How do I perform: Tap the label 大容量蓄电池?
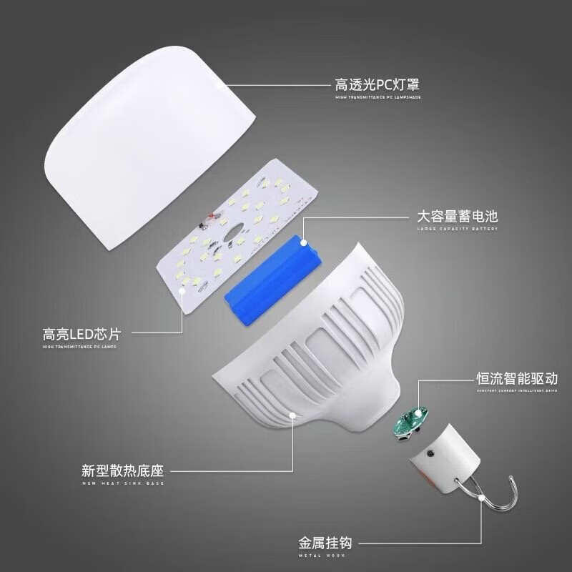[458, 217]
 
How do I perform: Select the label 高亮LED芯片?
[80, 334]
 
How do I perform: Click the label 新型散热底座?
[123, 473]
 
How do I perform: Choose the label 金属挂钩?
[325, 541]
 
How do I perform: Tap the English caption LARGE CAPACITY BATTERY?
[458, 230]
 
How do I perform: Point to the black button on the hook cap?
[431, 453]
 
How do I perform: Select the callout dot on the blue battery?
[305, 242]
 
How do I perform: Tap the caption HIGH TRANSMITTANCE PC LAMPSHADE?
[377, 97]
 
